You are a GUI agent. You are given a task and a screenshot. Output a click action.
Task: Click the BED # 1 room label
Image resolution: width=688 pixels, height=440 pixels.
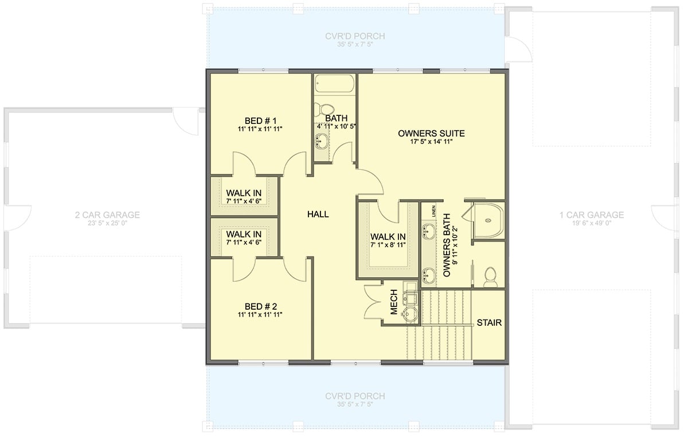tap(261, 120)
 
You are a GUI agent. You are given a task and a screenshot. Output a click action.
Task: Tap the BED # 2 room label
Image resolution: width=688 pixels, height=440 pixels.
tap(261, 306)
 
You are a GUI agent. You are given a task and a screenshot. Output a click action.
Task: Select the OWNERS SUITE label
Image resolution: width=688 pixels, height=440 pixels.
tap(431, 134)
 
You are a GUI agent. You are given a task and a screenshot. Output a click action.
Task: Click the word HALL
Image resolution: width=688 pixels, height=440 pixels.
tap(318, 214)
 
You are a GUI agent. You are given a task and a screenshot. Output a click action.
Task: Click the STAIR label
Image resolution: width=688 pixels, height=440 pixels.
tap(489, 323)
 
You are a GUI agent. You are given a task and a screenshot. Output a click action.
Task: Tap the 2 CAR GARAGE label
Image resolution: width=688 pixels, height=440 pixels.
tap(107, 215)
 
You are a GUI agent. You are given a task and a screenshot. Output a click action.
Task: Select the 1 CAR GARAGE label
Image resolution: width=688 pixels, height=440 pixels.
tap(592, 215)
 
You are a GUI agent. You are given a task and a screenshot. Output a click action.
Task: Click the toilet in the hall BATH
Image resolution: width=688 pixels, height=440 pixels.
tap(327, 110)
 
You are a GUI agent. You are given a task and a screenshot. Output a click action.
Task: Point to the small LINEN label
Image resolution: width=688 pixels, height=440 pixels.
tap(434, 211)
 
